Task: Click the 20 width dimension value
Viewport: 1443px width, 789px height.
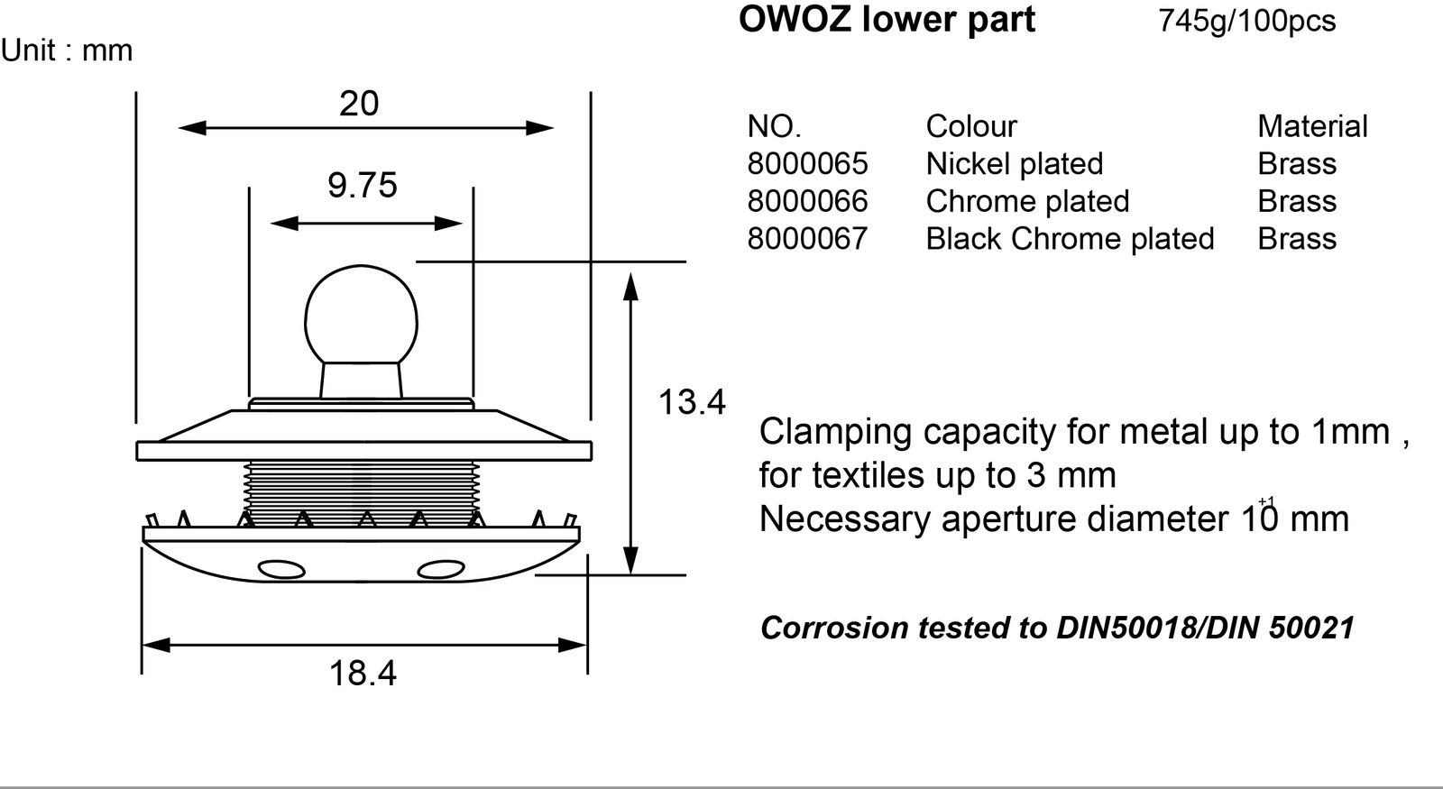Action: pyautogui.click(x=359, y=104)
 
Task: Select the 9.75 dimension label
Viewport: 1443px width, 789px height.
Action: pyautogui.click(x=362, y=186)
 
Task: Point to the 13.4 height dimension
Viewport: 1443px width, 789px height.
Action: pyautogui.click(x=691, y=402)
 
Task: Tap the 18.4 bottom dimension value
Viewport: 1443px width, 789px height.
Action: pyautogui.click(x=363, y=674)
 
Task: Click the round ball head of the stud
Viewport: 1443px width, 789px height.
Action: pyautogui.click(x=361, y=315)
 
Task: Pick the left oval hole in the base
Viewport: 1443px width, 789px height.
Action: pyautogui.click(x=281, y=570)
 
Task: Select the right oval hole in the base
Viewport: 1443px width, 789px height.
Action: pyautogui.click(x=441, y=570)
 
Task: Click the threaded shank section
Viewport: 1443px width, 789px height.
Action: pyautogui.click(x=362, y=493)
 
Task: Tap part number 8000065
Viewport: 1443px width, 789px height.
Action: pyautogui.click(x=807, y=163)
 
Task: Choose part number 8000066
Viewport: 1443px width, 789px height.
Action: pyautogui.click(x=807, y=201)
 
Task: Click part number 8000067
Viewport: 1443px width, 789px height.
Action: pyautogui.click(x=807, y=238)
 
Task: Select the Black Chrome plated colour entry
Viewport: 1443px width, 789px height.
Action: pyautogui.click(x=1070, y=239)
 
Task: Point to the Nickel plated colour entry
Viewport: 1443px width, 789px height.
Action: pyautogui.click(x=1014, y=164)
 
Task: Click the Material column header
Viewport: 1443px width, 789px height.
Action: pyautogui.click(x=1312, y=126)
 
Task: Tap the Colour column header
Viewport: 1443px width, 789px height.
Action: pyautogui.click(x=971, y=126)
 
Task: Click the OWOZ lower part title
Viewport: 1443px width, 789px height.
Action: pyautogui.click(x=887, y=19)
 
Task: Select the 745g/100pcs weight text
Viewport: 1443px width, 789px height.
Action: pyautogui.click(x=1246, y=21)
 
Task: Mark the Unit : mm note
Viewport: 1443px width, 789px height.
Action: pyautogui.click(x=67, y=50)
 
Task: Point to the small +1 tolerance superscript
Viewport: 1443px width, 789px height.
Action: pyautogui.click(x=1266, y=501)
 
